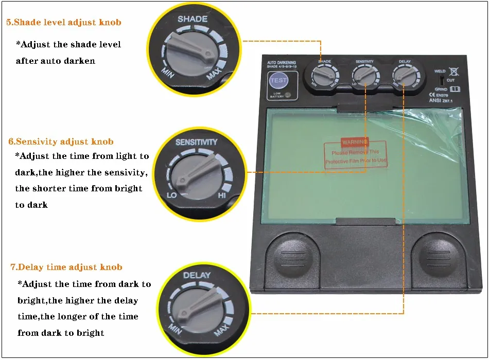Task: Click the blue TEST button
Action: point(279,81)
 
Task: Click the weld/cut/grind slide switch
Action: point(441,80)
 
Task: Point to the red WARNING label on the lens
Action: point(355,141)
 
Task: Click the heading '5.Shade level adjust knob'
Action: point(64,23)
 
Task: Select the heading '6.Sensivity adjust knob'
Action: point(61,141)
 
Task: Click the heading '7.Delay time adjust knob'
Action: point(66,267)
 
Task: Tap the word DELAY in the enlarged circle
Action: point(197,275)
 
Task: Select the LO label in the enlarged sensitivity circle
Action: point(172,196)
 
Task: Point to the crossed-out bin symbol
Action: point(453,71)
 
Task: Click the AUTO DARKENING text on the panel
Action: point(282,63)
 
